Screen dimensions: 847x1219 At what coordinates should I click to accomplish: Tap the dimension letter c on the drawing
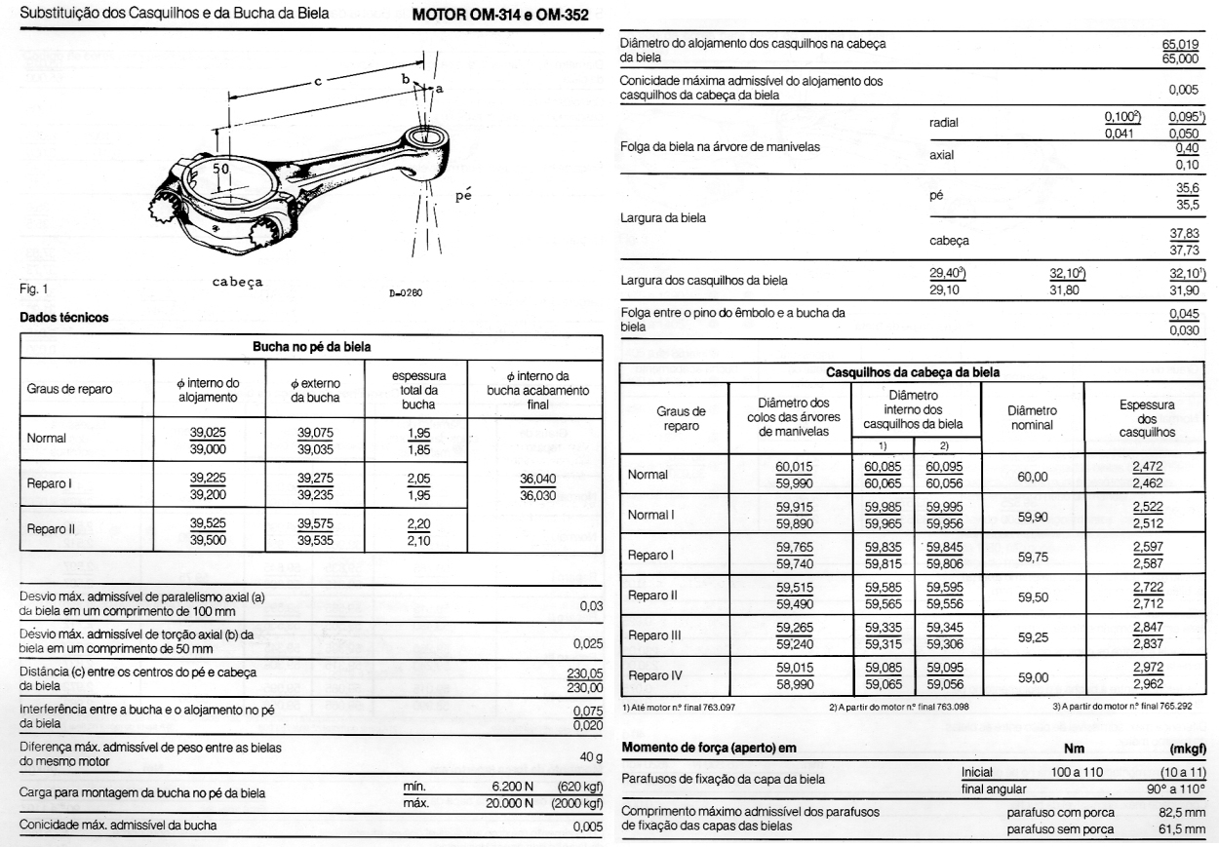coord(317,82)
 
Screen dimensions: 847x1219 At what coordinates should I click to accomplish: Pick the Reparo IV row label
coord(655,674)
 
